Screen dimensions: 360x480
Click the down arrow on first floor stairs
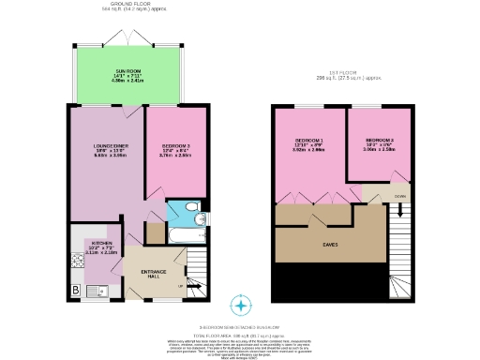pyautogui.click(x=375, y=198)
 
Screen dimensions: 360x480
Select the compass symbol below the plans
pyautogui.click(x=243, y=306)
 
